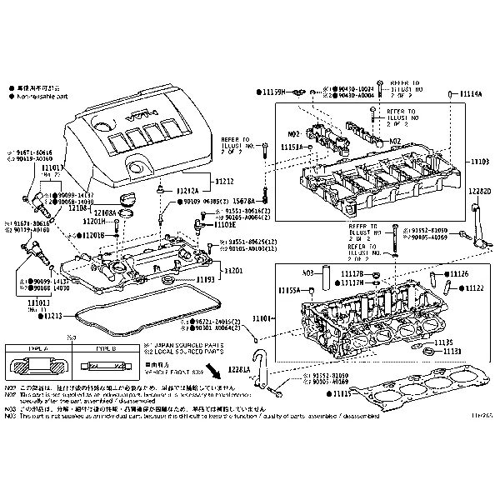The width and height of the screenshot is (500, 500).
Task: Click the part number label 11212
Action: (224, 181)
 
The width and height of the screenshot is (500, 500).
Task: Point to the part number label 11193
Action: (206, 281)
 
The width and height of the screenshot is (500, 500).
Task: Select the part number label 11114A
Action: (471, 94)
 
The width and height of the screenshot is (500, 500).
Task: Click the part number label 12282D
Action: (479, 192)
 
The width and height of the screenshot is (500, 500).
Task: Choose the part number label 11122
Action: (474, 287)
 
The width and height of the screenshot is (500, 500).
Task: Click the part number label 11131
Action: (452, 352)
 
